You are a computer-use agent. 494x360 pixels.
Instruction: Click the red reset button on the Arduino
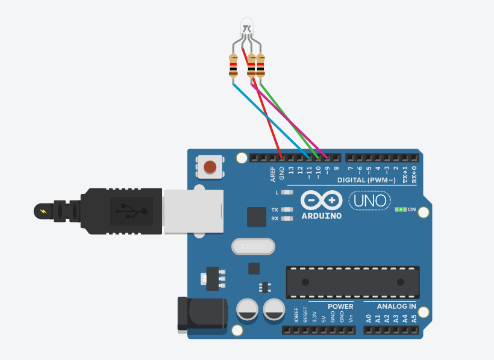(210, 166)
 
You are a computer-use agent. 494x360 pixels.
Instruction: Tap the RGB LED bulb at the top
(247, 26)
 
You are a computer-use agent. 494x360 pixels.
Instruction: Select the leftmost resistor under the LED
(233, 66)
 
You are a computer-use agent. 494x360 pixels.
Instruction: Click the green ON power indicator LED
(400, 209)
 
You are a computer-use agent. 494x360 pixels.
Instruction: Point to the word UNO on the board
(369, 200)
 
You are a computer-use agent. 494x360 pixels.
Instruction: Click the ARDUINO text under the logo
(321, 216)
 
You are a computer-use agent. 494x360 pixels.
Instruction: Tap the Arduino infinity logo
(321, 200)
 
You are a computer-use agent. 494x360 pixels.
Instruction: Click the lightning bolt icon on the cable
(43, 211)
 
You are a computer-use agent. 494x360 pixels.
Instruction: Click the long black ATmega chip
(352, 282)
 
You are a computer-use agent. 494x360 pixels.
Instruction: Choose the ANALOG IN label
(396, 306)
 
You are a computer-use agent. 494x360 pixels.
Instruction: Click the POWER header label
(341, 306)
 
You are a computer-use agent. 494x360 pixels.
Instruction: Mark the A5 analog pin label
(413, 317)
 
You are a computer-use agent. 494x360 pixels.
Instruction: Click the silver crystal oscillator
(252, 246)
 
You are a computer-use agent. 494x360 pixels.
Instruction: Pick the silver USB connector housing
(193, 211)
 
